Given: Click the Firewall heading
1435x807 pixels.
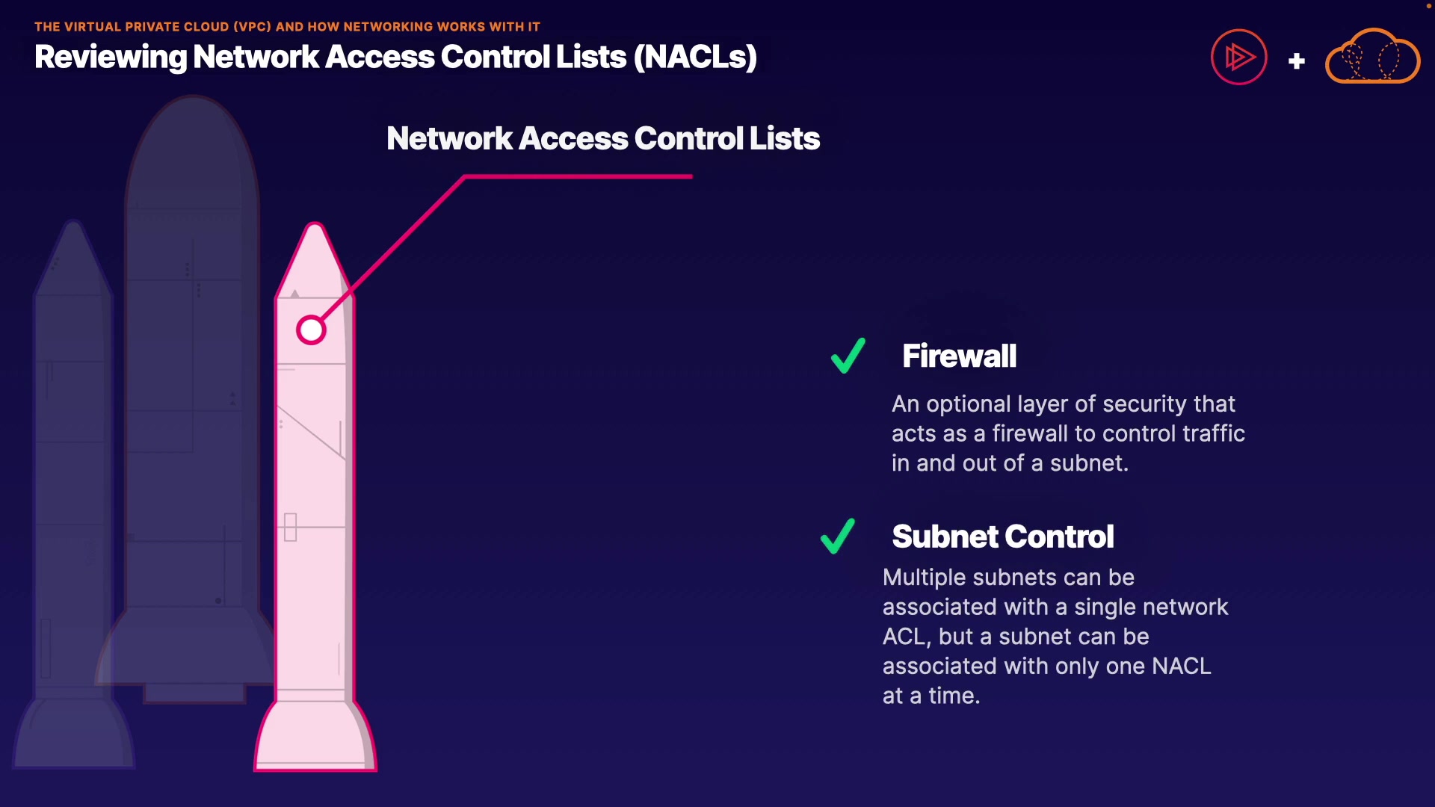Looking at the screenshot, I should coord(959,356).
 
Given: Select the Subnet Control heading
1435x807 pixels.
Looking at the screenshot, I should coord(1002,537).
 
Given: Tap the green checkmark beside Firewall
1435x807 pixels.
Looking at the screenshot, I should coord(848,356).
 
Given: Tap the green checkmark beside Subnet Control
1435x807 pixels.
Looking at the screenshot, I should coord(838,537).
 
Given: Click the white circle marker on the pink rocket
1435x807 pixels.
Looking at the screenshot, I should coord(311,330).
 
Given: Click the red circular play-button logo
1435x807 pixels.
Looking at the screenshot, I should coord(1238,57).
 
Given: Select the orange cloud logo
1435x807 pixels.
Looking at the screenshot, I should coord(1372,58).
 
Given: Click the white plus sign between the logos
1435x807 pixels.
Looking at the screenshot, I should coord(1297,61).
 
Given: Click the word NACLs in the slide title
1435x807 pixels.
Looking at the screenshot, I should coord(695,58).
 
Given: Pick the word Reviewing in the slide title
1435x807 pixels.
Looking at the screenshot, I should coord(110,58).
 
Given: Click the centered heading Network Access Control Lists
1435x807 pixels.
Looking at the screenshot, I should coord(602,139).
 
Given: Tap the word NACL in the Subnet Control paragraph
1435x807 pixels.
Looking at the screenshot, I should coord(1181,666).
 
